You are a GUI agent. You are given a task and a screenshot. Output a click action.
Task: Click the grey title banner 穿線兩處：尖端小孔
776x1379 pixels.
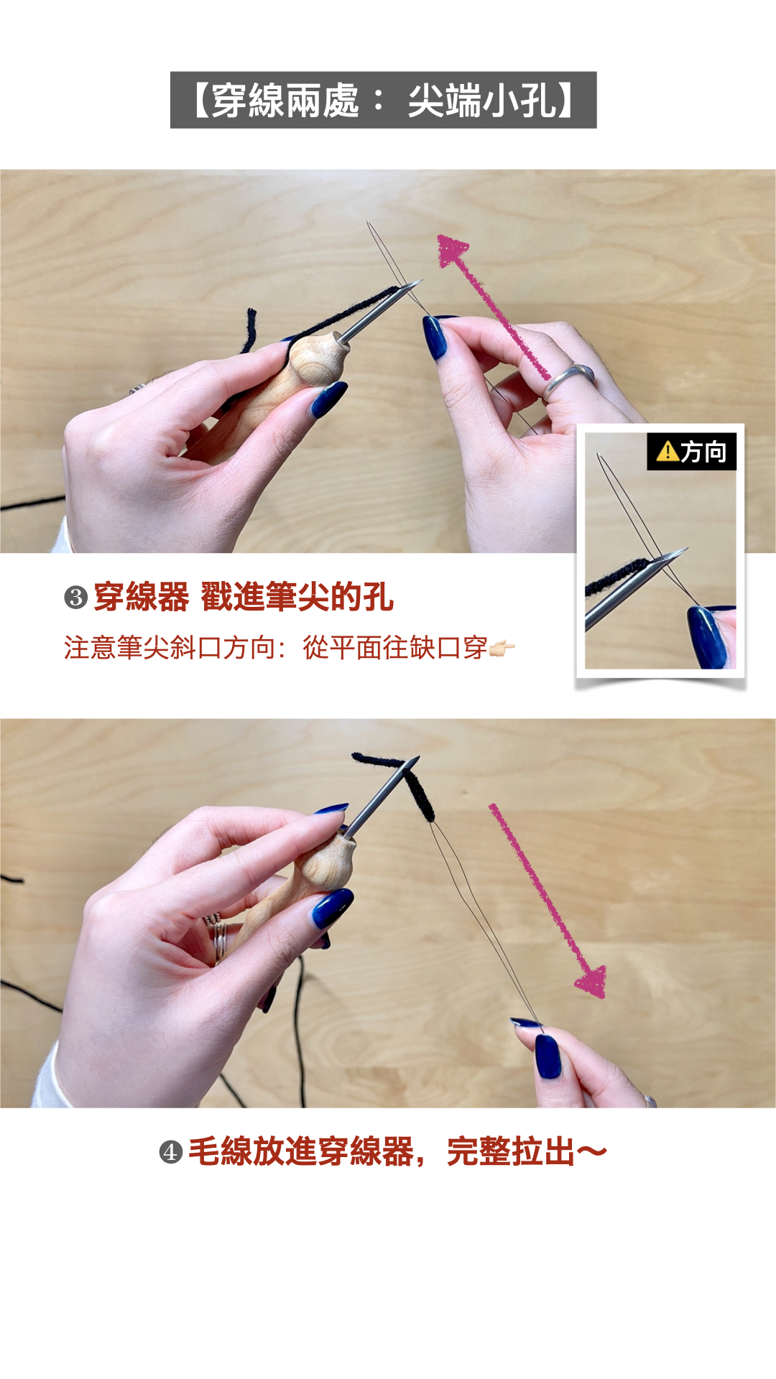[x=383, y=100]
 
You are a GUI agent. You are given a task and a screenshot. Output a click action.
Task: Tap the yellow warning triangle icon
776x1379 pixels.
[x=668, y=451]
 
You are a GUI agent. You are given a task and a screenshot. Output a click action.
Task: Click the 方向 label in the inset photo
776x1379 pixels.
[x=703, y=452]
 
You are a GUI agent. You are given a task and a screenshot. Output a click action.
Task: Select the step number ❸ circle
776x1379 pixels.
[x=76, y=598]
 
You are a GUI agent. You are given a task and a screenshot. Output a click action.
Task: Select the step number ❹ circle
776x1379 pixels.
[x=170, y=1152]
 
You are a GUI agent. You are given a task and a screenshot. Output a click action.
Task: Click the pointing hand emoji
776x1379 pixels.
[x=502, y=649]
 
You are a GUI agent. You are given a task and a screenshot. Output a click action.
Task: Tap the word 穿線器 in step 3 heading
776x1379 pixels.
[x=141, y=597]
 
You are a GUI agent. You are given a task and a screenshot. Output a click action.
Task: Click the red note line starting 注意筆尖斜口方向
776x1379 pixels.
[x=276, y=648]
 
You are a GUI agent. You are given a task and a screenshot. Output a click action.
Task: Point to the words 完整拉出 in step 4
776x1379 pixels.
[x=510, y=1152]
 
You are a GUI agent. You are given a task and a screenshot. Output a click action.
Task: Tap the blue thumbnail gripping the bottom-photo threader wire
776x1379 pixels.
[x=548, y=1056]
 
